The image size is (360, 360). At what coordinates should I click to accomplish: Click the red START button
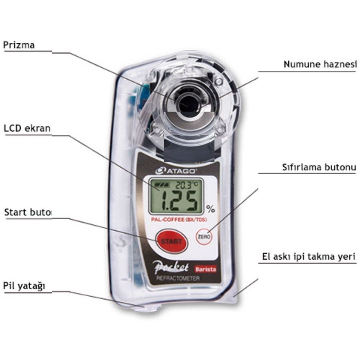coord(171,241)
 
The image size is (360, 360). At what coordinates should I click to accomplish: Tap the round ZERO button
coord(204,236)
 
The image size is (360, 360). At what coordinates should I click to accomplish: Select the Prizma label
coord(19,45)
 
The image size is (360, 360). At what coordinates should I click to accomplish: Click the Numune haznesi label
coord(320,64)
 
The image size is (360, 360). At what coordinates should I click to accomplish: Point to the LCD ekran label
coord(27,128)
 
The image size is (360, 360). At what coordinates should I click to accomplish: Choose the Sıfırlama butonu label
coord(319,167)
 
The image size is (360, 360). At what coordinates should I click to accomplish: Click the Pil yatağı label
coord(24,286)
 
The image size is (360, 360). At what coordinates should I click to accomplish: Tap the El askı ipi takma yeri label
coord(309,256)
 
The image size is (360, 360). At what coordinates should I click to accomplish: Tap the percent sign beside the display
coord(211,208)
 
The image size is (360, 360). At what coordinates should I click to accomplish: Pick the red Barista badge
coord(205,269)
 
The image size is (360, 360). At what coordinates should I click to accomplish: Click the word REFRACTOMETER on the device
coord(178,278)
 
